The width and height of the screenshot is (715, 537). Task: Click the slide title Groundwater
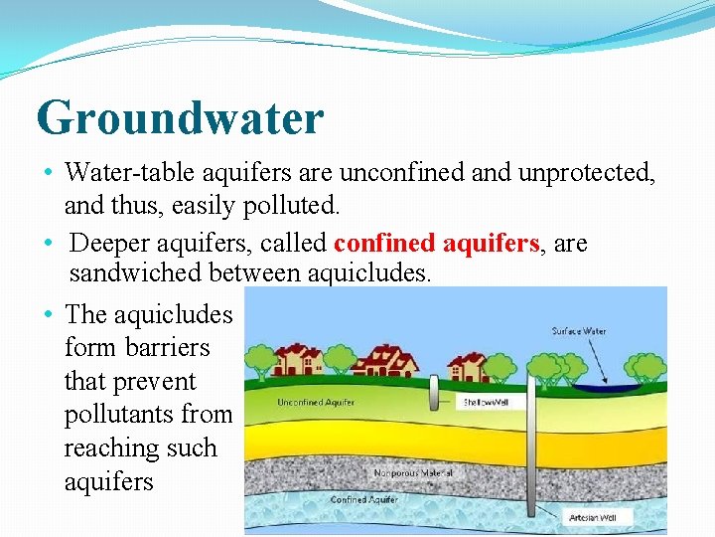click(180, 118)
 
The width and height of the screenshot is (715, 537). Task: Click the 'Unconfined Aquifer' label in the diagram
click(316, 403)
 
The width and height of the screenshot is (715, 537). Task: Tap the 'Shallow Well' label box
click(484, 403)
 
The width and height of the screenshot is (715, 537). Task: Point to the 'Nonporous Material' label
click(412, 473)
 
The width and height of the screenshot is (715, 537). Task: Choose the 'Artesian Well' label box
click(595, 517)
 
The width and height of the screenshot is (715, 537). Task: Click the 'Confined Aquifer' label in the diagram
click(363, 499)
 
